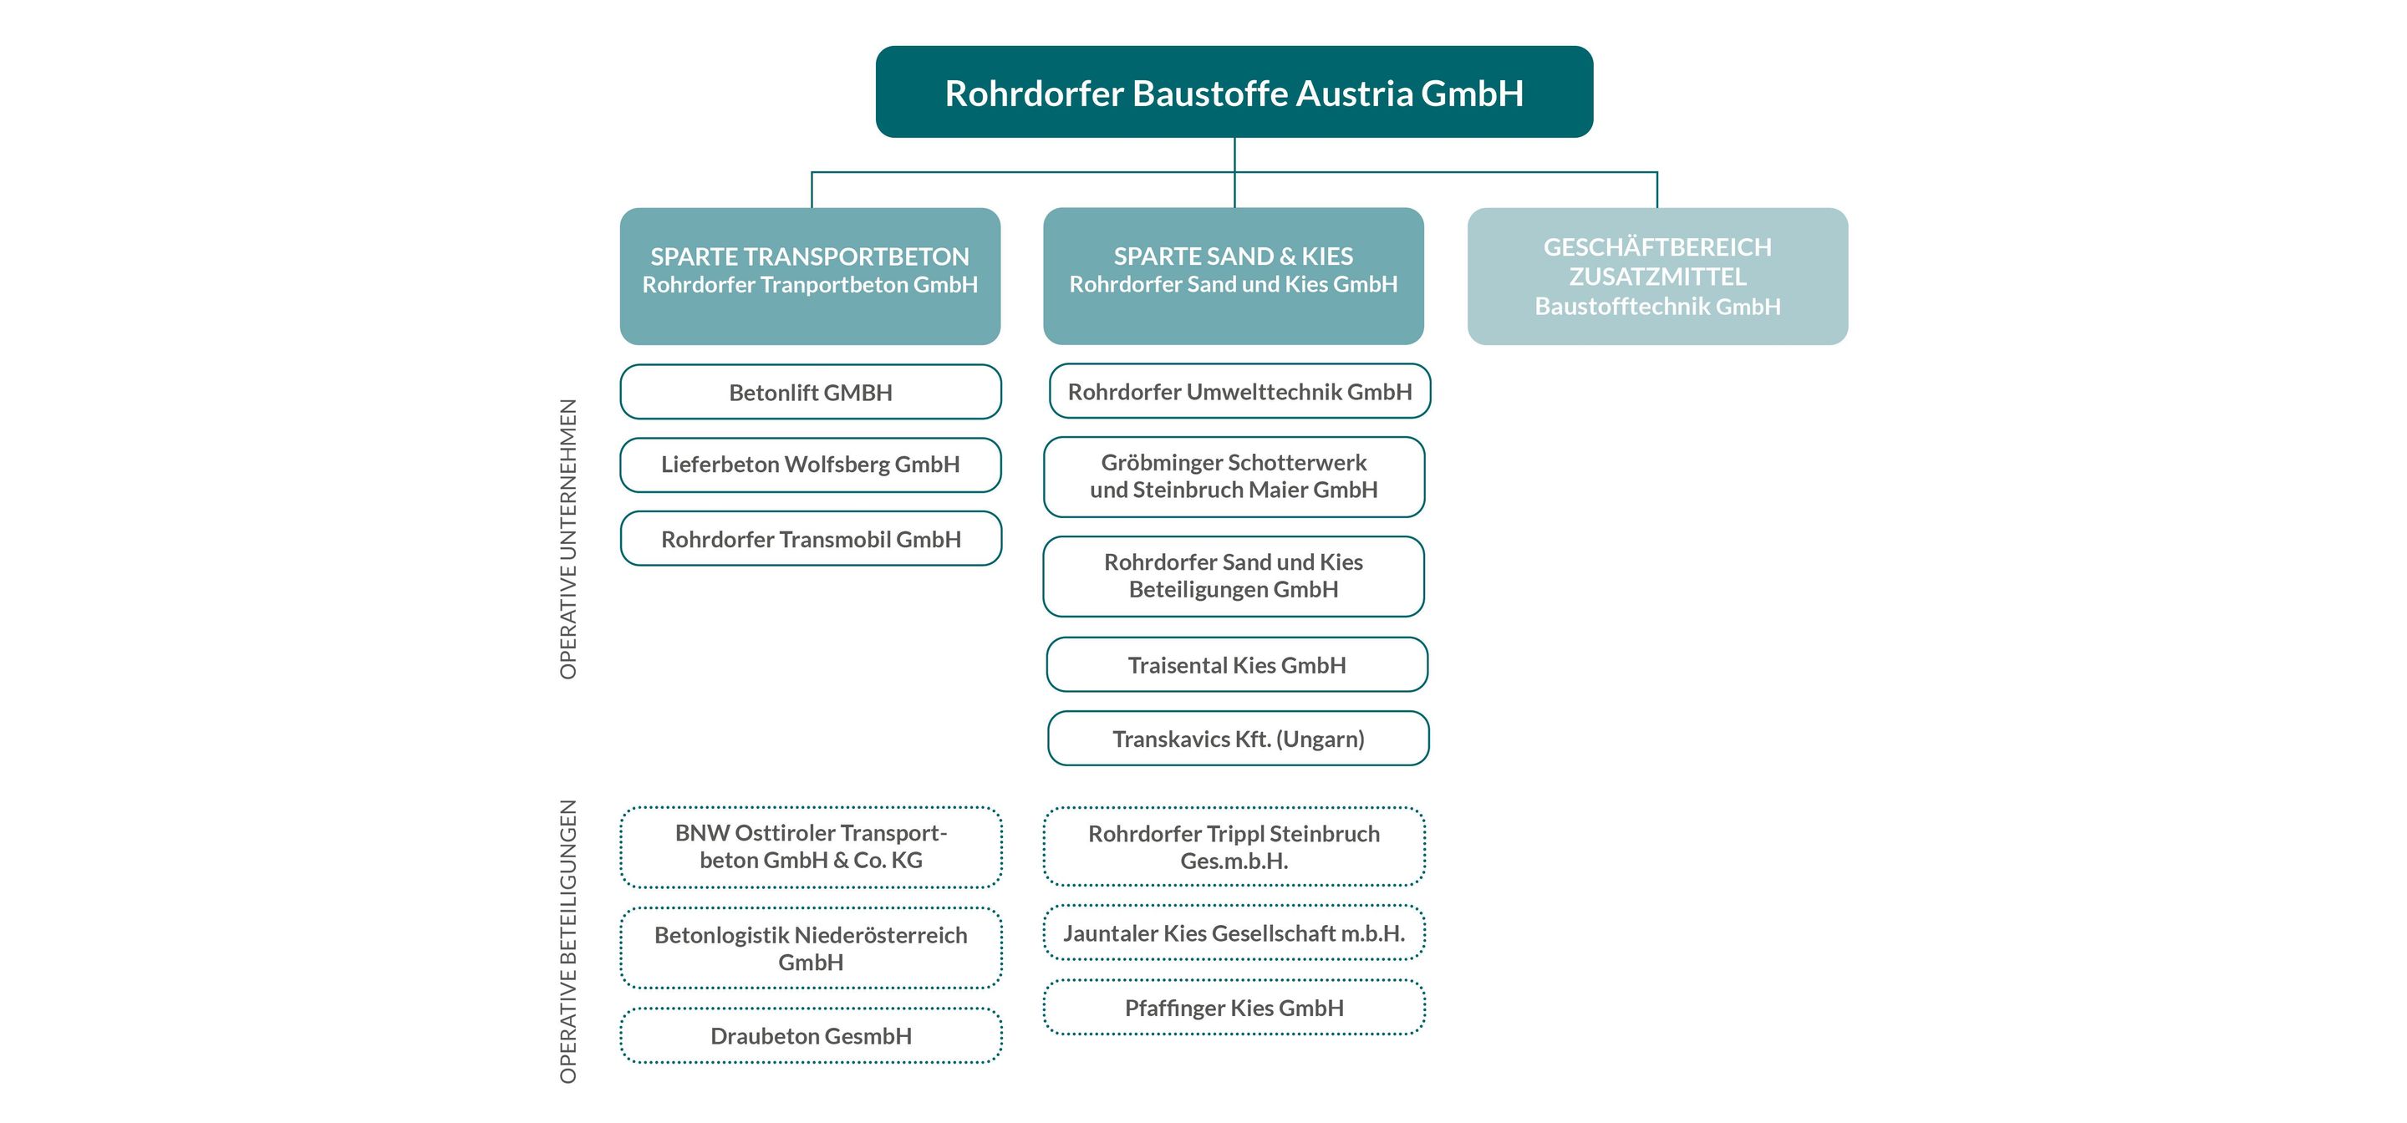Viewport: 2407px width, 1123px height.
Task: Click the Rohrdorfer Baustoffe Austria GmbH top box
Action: click(1234, 93)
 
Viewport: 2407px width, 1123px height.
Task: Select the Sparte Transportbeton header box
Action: click(810, 276)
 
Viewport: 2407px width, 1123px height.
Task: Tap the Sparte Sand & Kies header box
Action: click(1234, 276)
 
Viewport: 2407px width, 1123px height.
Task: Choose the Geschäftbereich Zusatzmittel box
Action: click(1656, 276)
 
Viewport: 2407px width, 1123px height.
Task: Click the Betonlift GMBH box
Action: click(810, 393)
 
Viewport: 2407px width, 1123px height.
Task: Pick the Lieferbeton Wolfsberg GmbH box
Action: click(810, 465)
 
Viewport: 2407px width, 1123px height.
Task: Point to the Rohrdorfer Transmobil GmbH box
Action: click(810, 539)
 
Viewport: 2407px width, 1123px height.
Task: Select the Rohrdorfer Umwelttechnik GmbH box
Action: click(1239, 391)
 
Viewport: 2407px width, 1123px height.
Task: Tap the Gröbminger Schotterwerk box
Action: click(1234, 476)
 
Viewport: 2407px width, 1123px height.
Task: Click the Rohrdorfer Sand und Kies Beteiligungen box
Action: click(1234, 576)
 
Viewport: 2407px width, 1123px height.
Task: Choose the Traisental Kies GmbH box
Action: click(1236, 665)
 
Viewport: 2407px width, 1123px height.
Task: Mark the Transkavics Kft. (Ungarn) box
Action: click(1238, 739)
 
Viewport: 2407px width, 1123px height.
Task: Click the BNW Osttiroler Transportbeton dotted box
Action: click(810, 846)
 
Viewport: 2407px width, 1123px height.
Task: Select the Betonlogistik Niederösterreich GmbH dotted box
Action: click(810, 948)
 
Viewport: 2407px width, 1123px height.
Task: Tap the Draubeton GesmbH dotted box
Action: click(810, 1036)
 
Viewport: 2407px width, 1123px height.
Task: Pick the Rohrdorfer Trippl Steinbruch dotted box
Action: click(1234, 846)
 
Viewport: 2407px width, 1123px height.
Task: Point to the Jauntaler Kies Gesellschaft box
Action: click(1234, 932)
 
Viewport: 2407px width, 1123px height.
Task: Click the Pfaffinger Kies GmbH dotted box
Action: click(1234, 1008)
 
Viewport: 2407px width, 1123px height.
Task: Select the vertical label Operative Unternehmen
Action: click(568, 539)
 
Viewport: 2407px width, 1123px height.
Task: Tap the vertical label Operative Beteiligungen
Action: click(568, 941)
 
